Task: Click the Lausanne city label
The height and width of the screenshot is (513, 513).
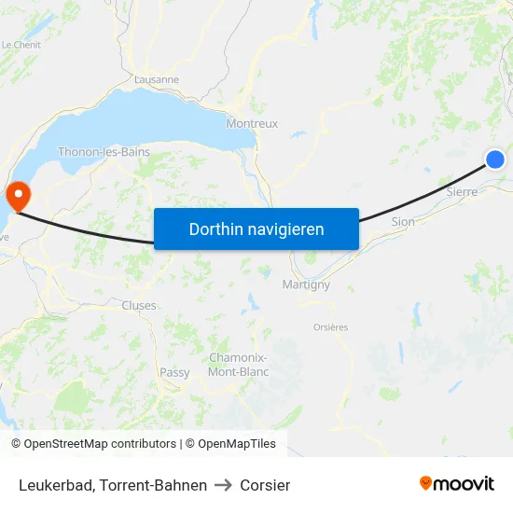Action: (x=157, y=79)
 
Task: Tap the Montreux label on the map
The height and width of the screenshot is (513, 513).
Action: (x=252, y=123)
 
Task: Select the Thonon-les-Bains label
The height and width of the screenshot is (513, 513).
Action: (x=104, y=151)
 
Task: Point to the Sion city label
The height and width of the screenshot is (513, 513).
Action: (x=403, y=222)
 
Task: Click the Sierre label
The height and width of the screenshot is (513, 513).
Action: (x=462, y=191)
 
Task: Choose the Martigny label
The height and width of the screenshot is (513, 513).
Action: (x=306, y=285)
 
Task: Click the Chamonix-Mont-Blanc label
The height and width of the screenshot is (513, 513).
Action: (x=238, y=365)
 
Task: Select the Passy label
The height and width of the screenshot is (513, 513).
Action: (x=174, y=372)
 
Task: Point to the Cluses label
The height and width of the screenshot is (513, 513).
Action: (x=139, y=305)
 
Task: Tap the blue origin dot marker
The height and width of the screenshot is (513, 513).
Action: (x=495, y=159)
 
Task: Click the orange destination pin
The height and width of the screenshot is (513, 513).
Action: (x=18, y=194)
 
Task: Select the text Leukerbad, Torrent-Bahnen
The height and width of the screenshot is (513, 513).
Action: (x=113, y=485)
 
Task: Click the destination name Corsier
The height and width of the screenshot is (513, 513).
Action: (x=265, y=485)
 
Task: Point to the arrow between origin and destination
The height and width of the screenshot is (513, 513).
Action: (x=223, y=485)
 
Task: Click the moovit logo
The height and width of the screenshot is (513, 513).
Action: (x=457, y=483)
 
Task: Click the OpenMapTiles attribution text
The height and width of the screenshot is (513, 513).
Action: (x=230, y=444)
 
